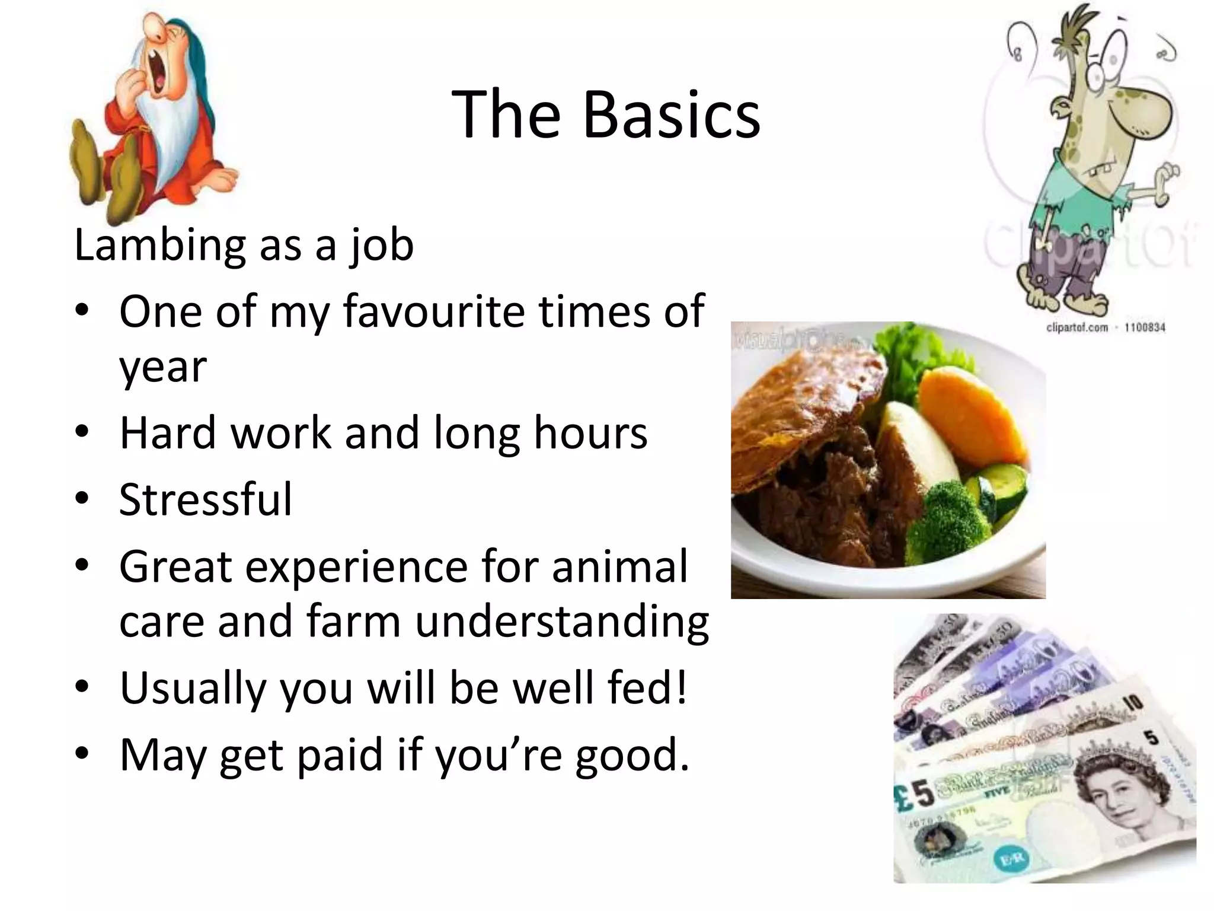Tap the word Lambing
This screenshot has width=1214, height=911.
click(159, 245)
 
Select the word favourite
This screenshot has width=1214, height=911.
click(433, 311)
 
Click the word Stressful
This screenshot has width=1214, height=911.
click(205, 499)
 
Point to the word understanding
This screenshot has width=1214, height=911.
click(561, 622)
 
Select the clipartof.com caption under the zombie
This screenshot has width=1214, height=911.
click(1105, 327)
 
